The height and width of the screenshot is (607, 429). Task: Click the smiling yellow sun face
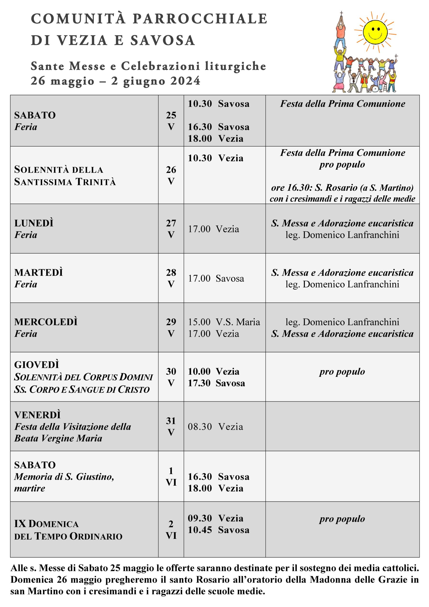375,32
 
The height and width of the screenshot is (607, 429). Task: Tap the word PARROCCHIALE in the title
200,19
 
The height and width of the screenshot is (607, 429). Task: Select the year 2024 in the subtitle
185,81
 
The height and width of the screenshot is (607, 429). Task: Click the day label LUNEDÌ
34,223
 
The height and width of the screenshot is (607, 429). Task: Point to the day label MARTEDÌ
39,273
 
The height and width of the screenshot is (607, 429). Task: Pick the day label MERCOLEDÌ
46,322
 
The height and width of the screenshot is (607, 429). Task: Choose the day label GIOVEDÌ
37,365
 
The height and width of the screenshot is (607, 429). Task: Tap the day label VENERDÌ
37,415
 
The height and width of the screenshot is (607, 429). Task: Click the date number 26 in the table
171,170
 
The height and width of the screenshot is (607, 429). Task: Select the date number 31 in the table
171,421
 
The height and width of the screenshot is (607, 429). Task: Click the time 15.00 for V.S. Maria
199,322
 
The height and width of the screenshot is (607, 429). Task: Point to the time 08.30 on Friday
200,427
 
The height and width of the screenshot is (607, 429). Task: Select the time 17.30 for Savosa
199,383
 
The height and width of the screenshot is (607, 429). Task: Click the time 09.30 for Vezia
200,518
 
